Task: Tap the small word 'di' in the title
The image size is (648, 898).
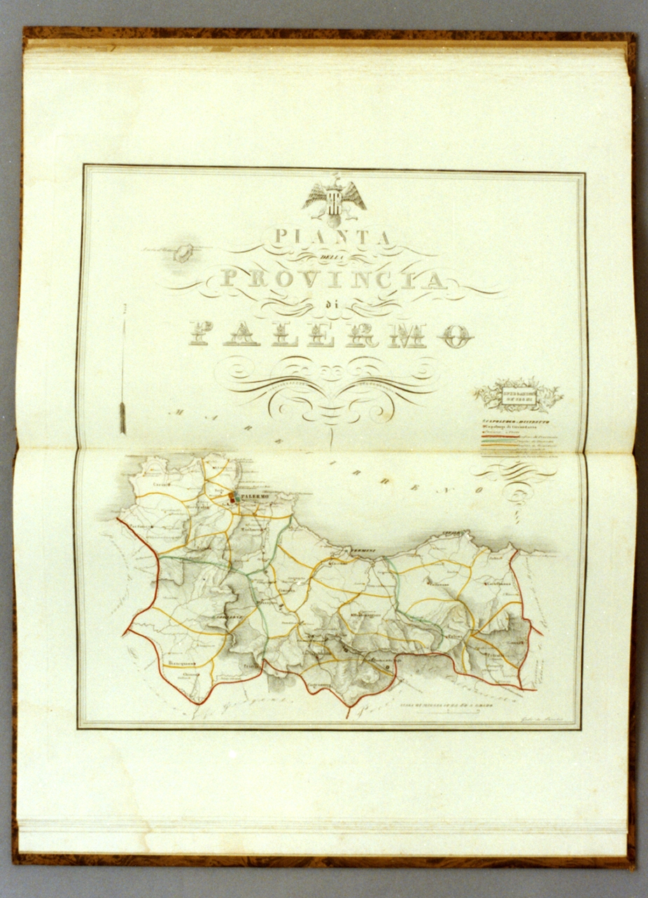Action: click(330, 306)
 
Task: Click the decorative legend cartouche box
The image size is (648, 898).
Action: click(519, 396)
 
